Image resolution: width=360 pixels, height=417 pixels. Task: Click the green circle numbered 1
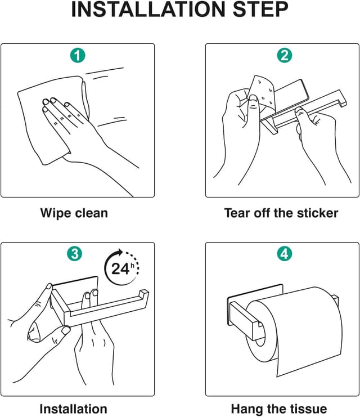coord(78,56)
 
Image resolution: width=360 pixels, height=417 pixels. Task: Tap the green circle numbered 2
coord(284,56)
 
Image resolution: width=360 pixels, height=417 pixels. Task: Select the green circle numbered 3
coord(75,253)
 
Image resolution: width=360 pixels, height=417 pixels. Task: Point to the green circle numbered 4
coord(284,253)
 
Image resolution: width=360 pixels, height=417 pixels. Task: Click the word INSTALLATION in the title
coord(148,10)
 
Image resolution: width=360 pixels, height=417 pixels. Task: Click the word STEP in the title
coord(260,10)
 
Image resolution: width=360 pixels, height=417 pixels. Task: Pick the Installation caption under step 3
coord(73,409)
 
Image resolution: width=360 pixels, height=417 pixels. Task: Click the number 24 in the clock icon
coord(120,268)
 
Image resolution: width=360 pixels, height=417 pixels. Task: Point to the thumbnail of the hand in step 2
coord(253,100)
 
